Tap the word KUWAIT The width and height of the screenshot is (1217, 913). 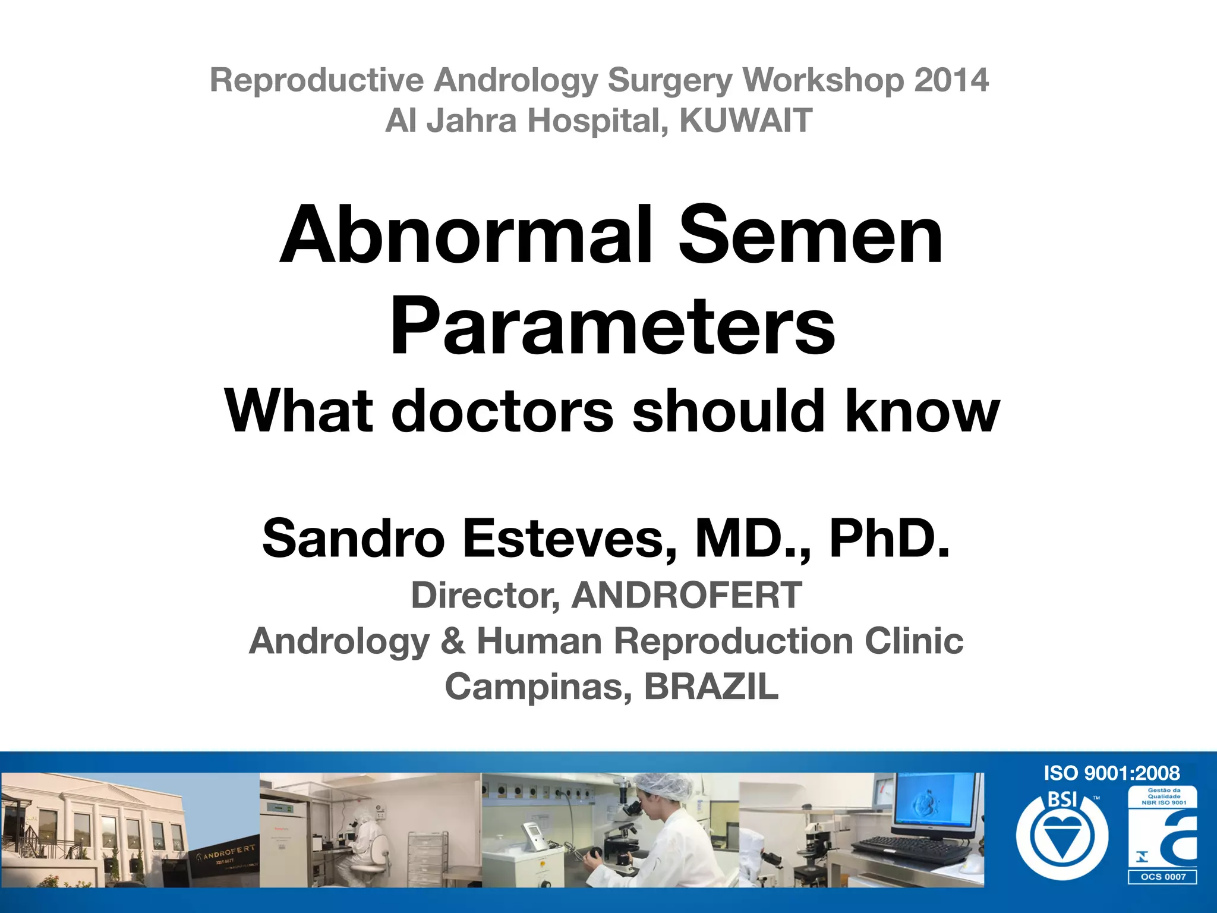tap(745, 121)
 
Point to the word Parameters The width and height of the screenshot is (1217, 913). tap(613, 326)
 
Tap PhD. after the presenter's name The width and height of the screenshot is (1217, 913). tap(890, 539)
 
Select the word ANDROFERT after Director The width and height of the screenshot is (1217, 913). tap(686, 595)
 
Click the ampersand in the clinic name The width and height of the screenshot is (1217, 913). tap(453, 641)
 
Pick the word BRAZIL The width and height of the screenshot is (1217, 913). tap(711, 687)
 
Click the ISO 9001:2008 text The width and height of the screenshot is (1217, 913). tap(1111, 773)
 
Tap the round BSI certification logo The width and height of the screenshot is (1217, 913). tap(1062, 835)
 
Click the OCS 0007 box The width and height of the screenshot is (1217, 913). tap(1162, 877)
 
